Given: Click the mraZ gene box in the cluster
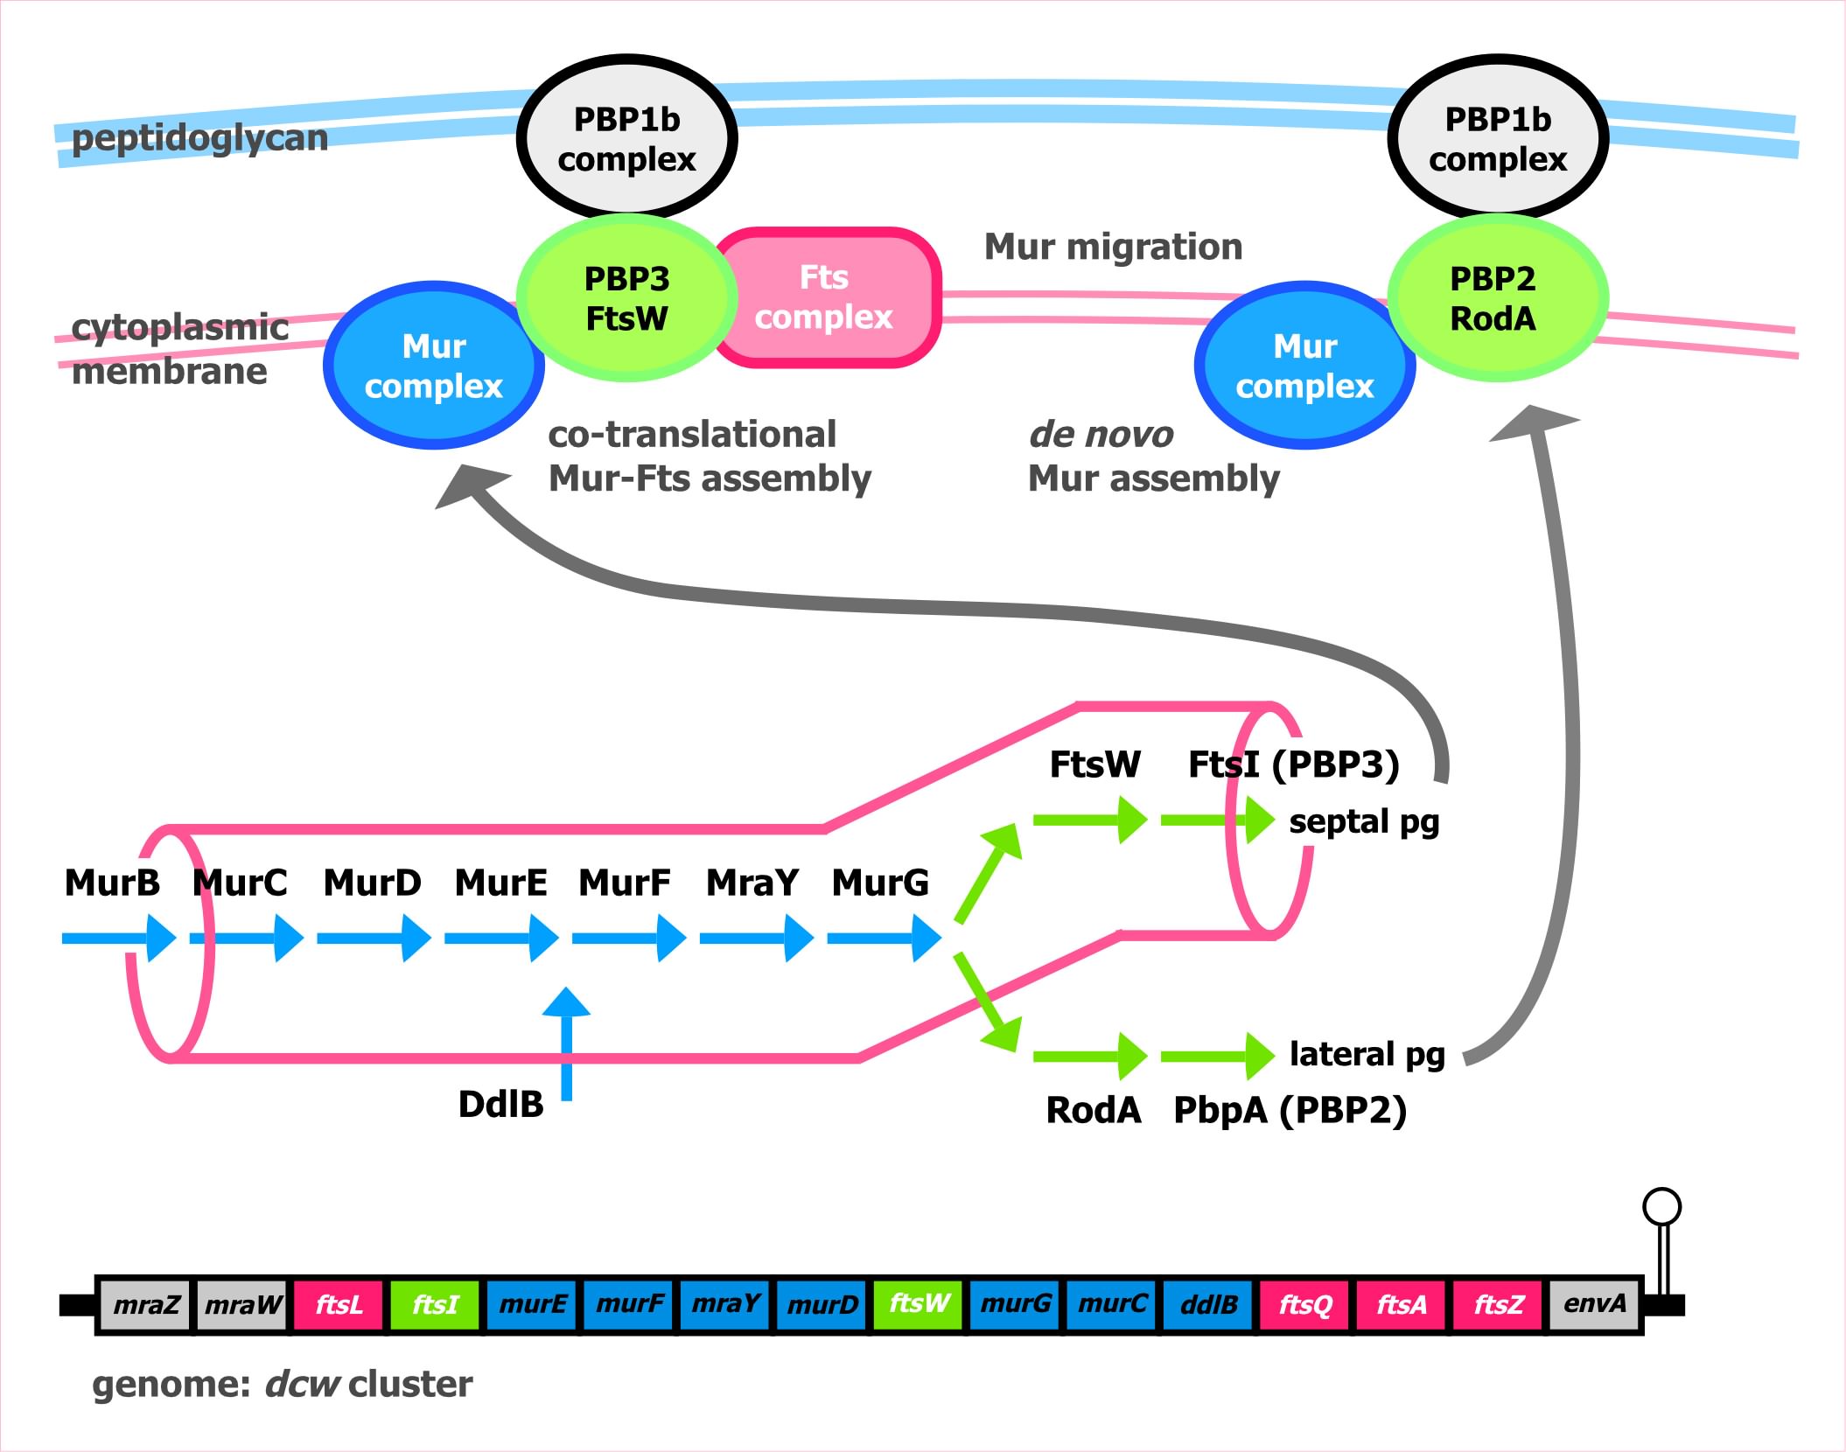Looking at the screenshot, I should [x=146, y=1304].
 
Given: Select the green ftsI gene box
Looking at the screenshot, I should [x=435, y=1304].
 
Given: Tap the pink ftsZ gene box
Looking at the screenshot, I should [x=1498, y=1304].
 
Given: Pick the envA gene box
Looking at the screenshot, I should [x=1594, y=1304].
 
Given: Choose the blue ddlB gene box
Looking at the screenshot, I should [x=1208, y=1304].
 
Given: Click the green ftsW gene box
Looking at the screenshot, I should [x=919, y=1304].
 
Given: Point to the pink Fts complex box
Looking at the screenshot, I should [x=825, y=297].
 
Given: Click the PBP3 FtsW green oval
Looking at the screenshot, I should [x=626, y=298].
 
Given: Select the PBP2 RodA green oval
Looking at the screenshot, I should [x=1496, y=298].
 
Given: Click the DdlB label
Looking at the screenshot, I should [x=500, y=1105].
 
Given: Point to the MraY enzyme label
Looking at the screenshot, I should [x=752, y=883].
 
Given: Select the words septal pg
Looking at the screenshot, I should [x=1364, y=822].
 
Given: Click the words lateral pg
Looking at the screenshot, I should [x=1367, y=1055].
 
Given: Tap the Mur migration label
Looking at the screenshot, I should [x=1113, y=247].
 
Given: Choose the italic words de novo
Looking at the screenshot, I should [x=1101, y=434].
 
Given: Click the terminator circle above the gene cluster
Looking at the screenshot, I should [x=1661, y=1207].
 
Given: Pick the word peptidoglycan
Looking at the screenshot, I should [x=199, y=138].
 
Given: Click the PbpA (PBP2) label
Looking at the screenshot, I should [x=1290, y=1110].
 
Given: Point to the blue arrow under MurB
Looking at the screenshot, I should [x=119, y=939].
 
